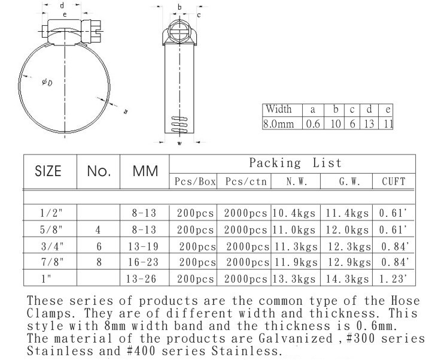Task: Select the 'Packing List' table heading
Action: [x=295, y=163]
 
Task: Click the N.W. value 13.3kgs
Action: [x=295, y=277]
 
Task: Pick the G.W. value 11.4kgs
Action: [x=346, y=212]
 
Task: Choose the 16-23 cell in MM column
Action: [x=144, y=261]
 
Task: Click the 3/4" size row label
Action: [x=50, y=245]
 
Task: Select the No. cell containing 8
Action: [x=99, y=261]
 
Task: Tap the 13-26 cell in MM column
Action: [x=144, y=277]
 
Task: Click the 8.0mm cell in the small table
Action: [x=279, y=124]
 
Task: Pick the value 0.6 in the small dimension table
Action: [x=312, y=124]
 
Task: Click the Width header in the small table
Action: [x=279, y=110]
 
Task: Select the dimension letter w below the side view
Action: [x=180, y=144]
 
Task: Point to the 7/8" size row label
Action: [x=50, y=261]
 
